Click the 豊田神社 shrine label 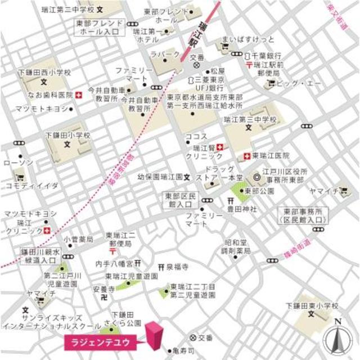point(243,210)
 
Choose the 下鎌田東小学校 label point(312,305)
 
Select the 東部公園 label point(260,191)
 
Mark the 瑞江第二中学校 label point(68,10)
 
